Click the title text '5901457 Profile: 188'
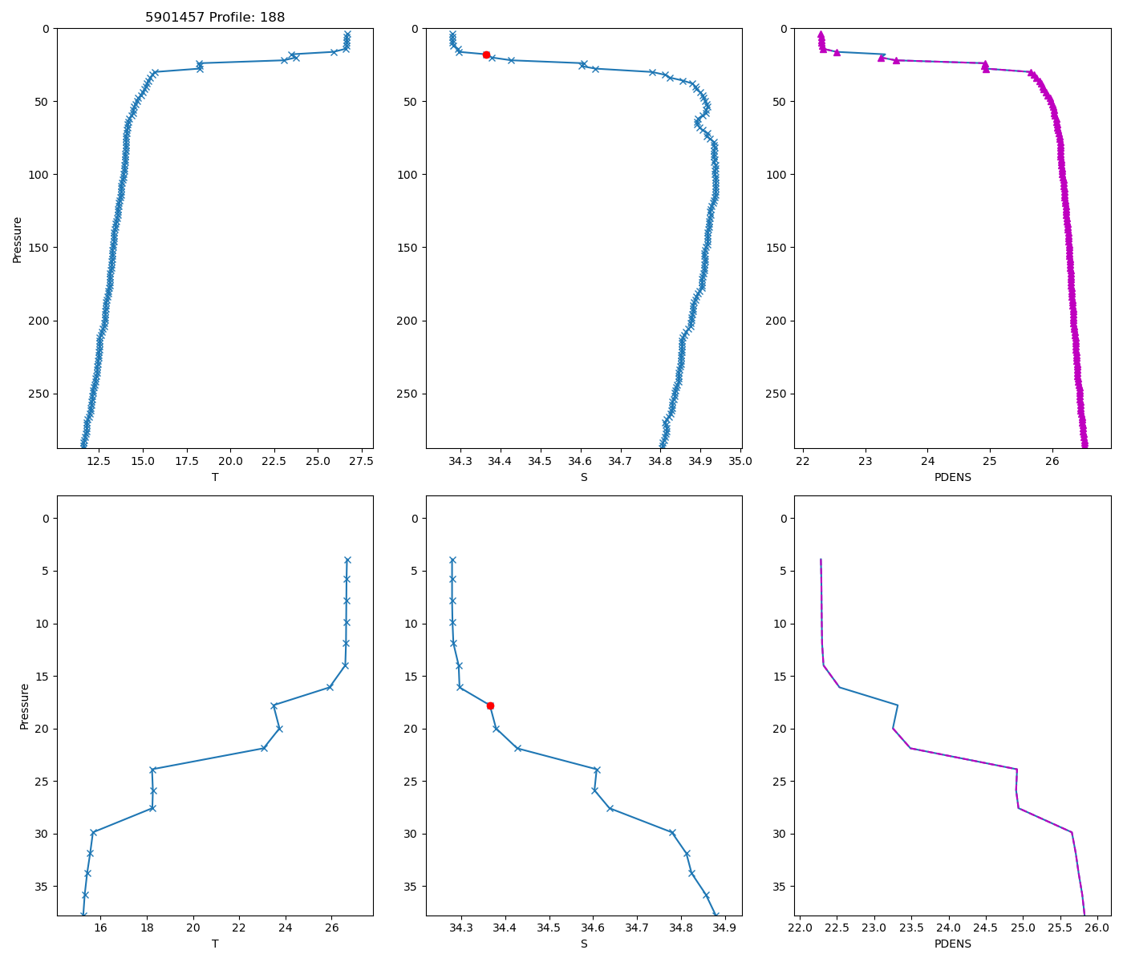pos(215,18)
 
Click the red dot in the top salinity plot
pos(486,55)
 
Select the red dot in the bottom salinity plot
pos(490,705)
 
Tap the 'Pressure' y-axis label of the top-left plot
pos(18,239)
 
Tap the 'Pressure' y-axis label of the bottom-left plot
pos(24,705)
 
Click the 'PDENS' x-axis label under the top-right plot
pos(952,477)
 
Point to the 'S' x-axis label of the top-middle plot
pos(584,477)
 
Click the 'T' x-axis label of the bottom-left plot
pos(215,944)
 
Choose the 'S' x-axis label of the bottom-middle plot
pos(584,944)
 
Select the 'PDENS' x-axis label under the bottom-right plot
pos(952,944)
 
